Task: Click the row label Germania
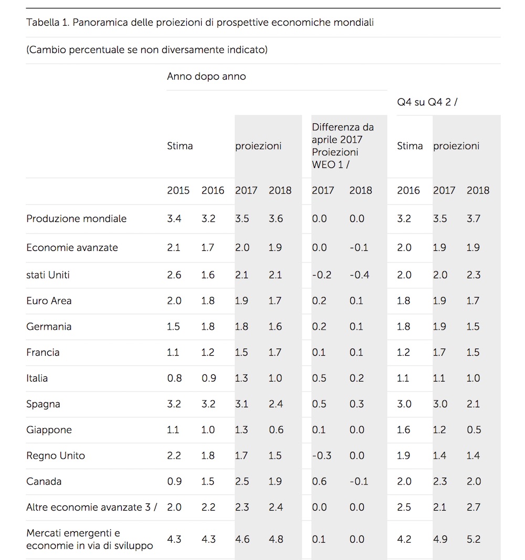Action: coord(49,326)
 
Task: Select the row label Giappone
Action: coord(49,430)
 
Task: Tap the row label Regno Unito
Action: coord(55,456)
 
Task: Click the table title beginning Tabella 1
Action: coord(199,23)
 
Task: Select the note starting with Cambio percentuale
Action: coord(146,50)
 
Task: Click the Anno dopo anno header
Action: coord(206,77)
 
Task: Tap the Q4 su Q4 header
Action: coord(427,102)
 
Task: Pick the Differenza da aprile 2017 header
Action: coord(343,146)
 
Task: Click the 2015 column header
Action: coord(178,191)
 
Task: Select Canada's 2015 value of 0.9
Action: coord(173,481)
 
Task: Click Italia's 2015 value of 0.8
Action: coord(173,378)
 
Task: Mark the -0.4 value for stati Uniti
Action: coord(359,275)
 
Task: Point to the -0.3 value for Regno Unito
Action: coord(321,456)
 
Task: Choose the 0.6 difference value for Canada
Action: coord(319,481)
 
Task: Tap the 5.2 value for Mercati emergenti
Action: coord(473,539)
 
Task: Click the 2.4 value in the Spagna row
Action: coord(275,404)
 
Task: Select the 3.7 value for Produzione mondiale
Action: coord(473,218)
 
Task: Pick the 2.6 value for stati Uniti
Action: coord(173,275)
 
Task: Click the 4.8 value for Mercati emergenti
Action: coord(275,539)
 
